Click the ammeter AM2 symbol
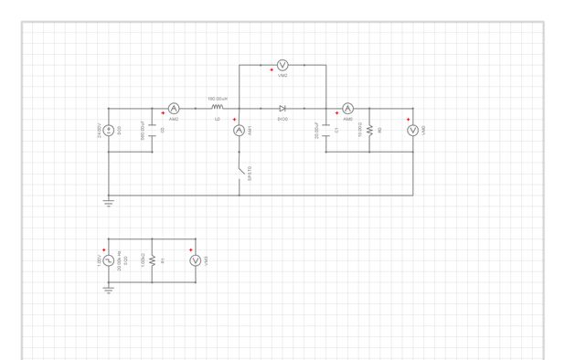[x=174, y=109]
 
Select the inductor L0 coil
[x=217, y=108]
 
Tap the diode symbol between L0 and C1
[x=282, y=109]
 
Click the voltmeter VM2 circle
[x=282, y=64]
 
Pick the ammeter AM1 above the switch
[x=240, y=131]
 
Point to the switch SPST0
[x=240, y=170]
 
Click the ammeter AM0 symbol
[x=347, y=109]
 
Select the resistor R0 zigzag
[x=369, y=131]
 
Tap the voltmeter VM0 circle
[x=412, y=131]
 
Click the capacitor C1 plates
[x=326, y=131]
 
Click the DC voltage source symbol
[x=108, y=131]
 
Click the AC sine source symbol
[x=108, y=260]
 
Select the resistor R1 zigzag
[x=152, y=260]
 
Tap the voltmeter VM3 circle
[x=195, y=260]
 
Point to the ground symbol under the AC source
[x=108, y=290]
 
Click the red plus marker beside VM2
[x=272, y=70]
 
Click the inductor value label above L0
[x=217, y=98]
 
